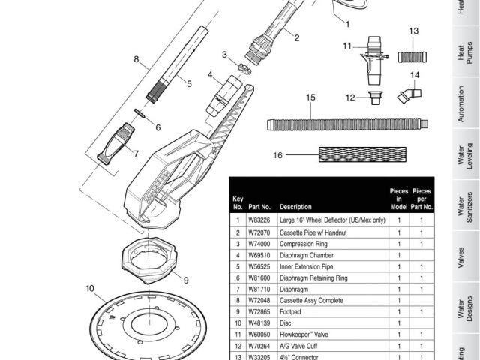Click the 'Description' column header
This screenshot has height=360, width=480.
(x=295, y=206)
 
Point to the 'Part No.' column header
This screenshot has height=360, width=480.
(x=259, y=206)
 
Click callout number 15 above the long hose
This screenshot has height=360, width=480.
(x=311, y=97)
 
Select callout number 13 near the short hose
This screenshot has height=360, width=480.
(x=413, y=31)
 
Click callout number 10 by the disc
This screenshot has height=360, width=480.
(x=90, y=287)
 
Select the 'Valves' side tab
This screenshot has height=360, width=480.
(x=466, y=253)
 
